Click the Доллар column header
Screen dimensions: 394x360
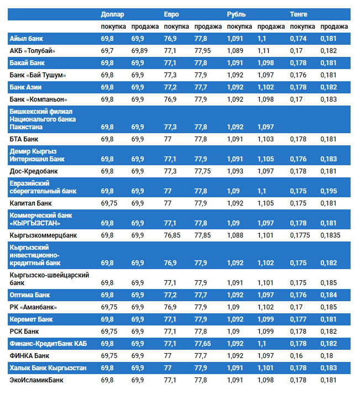pyautogui.click(x=113, y=14)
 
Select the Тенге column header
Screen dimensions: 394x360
pyautogui.click(x=299, y=14)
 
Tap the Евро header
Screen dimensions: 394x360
pyautogui.click(x=171, y=14)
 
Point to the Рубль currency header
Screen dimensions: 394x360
pyautogui.click(x=237, y=14)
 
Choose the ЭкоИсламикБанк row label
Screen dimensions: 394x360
pyautogui.click(x=36, y=380)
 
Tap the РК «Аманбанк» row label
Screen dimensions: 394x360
pyautogui.click(x=33, y=307)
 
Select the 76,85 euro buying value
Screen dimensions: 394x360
pyautogui.click(x=173, y=235)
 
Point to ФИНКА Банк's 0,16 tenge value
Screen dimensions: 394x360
pyautogui.click(x=296, y=356)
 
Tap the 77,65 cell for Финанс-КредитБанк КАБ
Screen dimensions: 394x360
pyautogui.click(x=202, y=344)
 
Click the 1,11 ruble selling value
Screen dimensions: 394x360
pyautogui.click(x=263, y=51)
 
